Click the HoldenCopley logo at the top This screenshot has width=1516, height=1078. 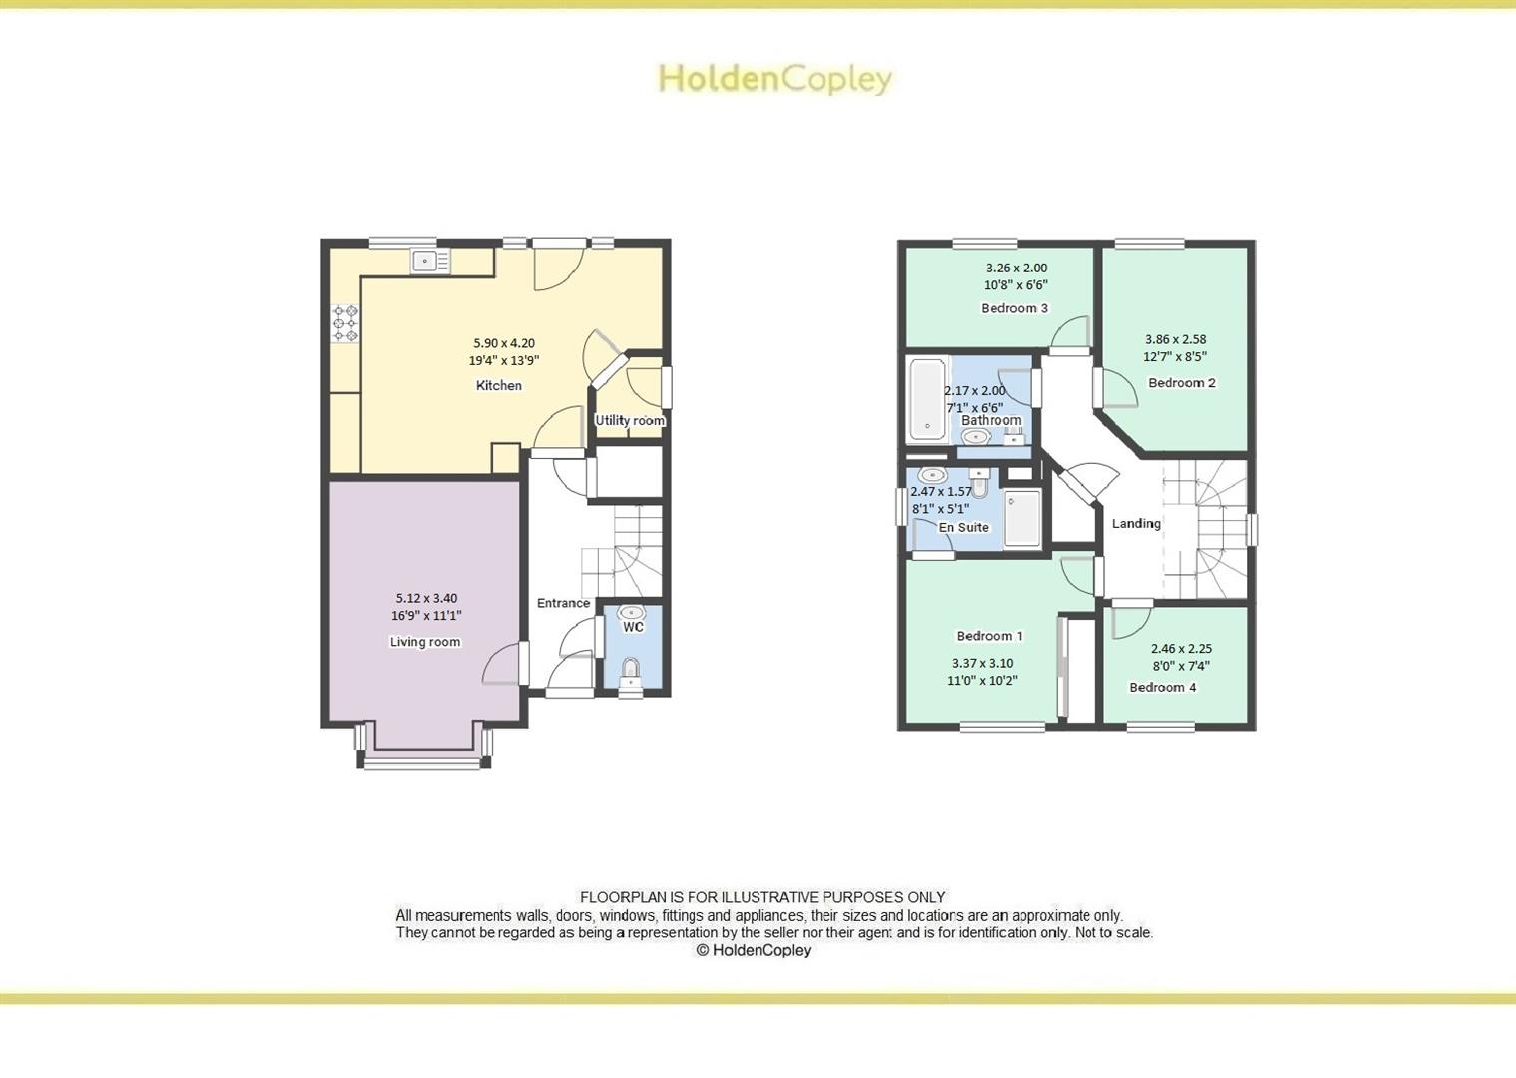coord(774,79)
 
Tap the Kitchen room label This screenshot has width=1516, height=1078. coord(498,385)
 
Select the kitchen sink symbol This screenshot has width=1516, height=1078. coord(430,262)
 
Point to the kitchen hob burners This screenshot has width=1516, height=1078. coord(345,324)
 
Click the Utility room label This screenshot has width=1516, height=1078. coord(630,420)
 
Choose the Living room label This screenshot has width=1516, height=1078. coord(425,642)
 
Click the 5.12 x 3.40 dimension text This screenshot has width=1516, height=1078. coord(426,598)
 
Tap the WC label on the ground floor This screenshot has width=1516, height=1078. coord(633,627)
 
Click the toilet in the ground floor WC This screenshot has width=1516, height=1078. coord(630,670)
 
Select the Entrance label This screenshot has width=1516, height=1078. coord(563,603)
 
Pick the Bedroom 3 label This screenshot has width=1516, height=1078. coord(1014,308)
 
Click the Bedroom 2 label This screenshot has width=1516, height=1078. coord(1182,383)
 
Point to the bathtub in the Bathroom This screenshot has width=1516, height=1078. coord(927,399)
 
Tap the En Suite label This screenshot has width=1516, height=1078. coord(964,527)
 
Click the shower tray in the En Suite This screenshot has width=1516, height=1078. coord(1022,517)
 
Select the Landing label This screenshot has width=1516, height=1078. coord(1136,523)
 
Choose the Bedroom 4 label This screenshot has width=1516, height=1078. coord(1162,687)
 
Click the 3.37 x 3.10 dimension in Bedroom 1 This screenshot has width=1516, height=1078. coord(982,663)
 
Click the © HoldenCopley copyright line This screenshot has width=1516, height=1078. coord(754,950)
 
